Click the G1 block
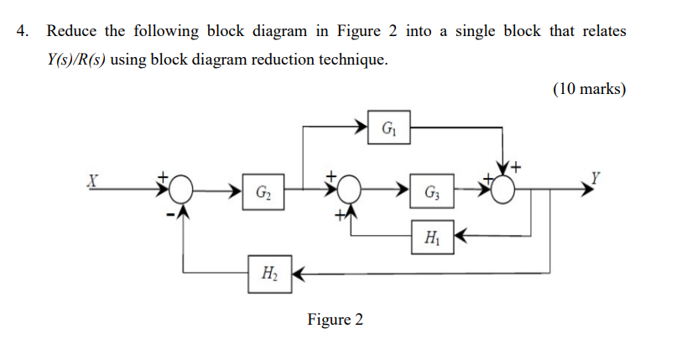(388, 129)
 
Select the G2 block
(263, 192)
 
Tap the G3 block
(431, 192)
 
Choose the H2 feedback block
(269, 274)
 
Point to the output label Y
(596, 178)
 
